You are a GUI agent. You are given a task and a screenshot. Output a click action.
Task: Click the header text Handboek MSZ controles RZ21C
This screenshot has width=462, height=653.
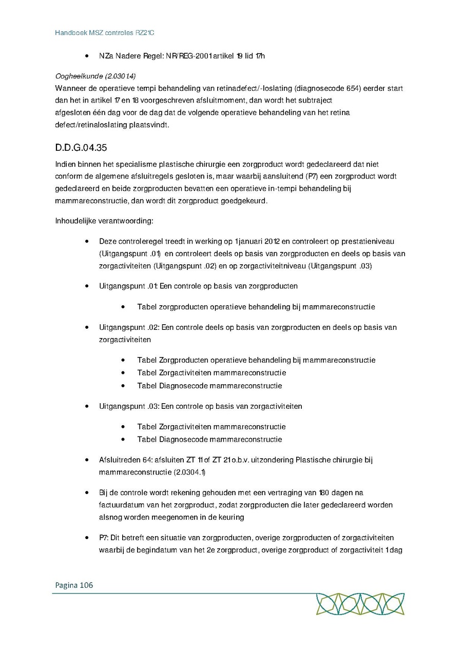pos(105,33)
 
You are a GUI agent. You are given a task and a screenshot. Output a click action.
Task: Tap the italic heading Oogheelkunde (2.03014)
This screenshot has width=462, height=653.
pos(95,76)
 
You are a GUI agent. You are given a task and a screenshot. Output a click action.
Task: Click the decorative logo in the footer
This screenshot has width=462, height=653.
pos(360,604)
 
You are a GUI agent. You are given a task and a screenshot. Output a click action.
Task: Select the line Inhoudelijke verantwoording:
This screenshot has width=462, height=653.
pos(104,221)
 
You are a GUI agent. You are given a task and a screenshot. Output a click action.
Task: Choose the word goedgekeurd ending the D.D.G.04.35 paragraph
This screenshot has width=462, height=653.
pos(244,201)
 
